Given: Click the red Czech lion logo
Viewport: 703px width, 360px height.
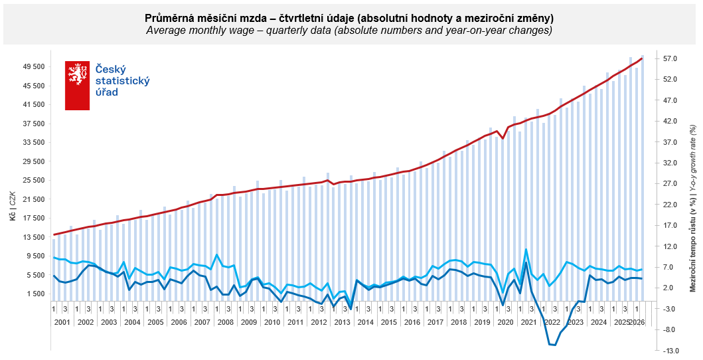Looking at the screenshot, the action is [x=77, y=86].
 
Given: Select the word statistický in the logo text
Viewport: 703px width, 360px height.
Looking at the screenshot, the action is [x=123, y=81].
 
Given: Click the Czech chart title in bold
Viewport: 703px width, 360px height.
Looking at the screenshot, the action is [x=350, y=19].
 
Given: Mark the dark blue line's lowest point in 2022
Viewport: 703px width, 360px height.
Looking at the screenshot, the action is [x=555, y=345].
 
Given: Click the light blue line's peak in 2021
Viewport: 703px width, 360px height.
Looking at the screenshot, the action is [x=526, y=249].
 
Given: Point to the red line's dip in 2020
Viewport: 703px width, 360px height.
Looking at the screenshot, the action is [x=503, y=139].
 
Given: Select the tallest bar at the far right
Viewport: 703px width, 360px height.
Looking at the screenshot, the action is [x=643, y=178].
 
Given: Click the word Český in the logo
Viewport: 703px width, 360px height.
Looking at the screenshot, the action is [x=111, y=70].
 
